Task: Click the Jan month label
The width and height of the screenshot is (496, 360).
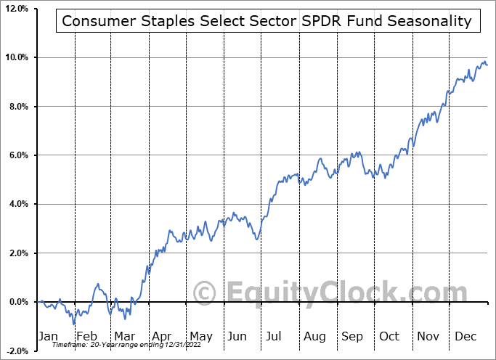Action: coord(49,336)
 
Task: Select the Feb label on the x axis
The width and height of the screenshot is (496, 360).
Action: coord(86,336)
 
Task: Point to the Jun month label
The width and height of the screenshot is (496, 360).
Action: coord(237,336)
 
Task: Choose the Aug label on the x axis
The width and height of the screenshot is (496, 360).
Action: coord(314,336)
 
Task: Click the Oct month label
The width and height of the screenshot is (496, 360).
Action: coord(389,336)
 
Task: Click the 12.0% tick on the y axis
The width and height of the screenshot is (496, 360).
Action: coord(16,8)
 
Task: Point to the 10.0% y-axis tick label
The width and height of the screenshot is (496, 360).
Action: coord(16,57)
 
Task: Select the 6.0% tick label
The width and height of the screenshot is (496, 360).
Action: coord(18,155)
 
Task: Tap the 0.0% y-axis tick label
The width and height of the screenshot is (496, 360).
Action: coord(18,302)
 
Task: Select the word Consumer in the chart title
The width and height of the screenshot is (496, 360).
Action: coord(92,21)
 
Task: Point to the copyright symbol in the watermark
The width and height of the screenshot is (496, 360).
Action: coord(206,292)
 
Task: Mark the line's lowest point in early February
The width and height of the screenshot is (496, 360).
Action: coord(73,324)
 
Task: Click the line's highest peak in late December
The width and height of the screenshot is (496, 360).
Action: coord(484,61)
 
